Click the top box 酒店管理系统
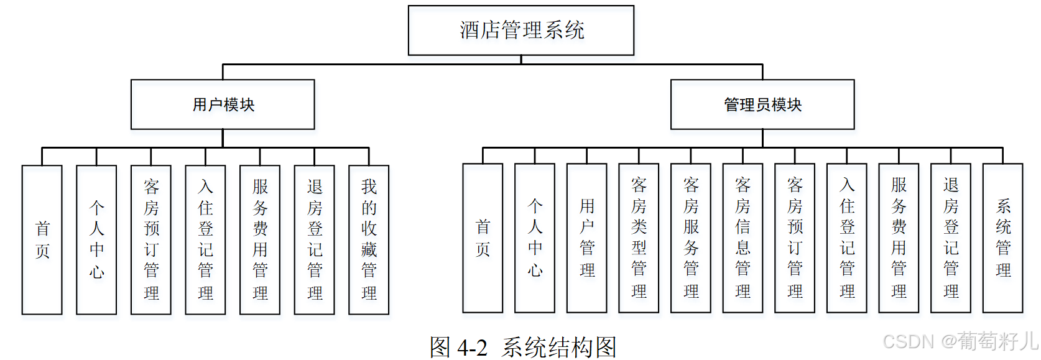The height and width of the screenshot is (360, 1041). pos(521,30)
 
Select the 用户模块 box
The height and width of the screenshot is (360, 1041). pos(223,104)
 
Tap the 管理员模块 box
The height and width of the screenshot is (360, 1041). pos(762,104)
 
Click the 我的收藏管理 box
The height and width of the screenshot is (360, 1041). pos(369,239)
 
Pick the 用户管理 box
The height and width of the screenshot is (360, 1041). pos(587,238)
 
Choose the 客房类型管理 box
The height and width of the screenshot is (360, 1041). pos(639,238)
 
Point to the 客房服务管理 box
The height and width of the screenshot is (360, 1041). pos(691,238)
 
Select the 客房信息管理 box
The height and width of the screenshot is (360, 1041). pos(743,238)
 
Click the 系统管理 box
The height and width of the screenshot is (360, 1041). pos(1002,238)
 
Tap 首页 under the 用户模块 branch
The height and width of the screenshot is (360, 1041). pos(42,239)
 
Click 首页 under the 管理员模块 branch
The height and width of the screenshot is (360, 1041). pos(483,238)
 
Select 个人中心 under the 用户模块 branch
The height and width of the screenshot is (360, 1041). pos(96,239)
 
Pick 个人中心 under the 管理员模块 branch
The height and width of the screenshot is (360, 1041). pos(535,238)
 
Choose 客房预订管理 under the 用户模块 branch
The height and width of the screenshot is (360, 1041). pos(151,239)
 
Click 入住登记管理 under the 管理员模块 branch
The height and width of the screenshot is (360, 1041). pos(847,238)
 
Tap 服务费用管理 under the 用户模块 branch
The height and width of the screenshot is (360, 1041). pos(260,239)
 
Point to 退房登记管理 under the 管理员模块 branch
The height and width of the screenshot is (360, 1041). pos(951,238)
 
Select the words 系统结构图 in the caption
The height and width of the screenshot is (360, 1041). pos(559,348)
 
